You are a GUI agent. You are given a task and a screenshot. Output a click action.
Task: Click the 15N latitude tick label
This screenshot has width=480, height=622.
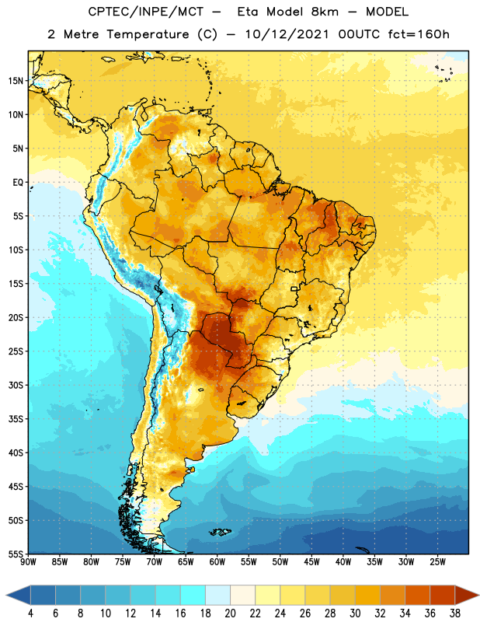[x=16, y=81]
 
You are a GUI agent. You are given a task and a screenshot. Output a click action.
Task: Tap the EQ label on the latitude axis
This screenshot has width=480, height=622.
[x=18, y=183]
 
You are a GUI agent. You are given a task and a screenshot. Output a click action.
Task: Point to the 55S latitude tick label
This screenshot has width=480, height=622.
[x=16, y=554]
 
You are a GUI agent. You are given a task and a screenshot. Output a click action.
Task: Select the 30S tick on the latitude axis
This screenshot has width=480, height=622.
[x=16, y=385]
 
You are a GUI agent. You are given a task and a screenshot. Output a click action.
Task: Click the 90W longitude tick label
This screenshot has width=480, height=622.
[x=28, y=562]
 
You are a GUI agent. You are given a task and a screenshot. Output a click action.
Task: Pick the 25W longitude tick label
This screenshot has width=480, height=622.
[x=437, y=562]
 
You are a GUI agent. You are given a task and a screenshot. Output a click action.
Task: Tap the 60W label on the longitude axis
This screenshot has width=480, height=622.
[x=217, y=562]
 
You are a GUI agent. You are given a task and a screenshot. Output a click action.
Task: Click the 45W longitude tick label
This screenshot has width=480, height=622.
[x=311, y=562]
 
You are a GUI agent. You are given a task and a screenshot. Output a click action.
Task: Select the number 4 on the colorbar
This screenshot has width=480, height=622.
[x=30, y=613]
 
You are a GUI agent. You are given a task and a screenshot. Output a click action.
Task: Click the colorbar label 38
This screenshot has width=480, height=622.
[x=454, y=613]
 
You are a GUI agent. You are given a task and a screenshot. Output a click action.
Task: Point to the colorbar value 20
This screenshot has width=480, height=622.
[x=230, y=613]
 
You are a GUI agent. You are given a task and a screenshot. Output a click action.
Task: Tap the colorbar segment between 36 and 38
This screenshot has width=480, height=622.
[x=443, y=596]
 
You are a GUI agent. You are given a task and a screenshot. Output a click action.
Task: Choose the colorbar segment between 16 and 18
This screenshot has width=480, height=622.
[x=193, y=596]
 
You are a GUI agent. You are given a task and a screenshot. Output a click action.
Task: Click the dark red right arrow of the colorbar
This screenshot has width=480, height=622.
[x=466, y=596]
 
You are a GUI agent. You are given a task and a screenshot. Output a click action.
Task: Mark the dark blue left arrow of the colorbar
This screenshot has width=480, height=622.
[x=18, y=596]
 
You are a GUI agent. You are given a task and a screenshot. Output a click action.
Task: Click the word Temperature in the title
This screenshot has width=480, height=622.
[x=148, y=34]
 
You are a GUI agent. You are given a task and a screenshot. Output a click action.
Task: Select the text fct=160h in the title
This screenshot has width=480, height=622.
[x=419, y=34]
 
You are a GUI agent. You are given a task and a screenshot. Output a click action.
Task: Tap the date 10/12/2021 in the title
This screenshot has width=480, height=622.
[x=287, y=34]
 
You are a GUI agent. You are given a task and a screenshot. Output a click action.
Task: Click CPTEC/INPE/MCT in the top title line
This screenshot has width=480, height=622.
[x=146, y=12]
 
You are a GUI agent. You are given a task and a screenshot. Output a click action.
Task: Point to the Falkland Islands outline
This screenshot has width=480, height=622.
[x=220, y=532]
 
